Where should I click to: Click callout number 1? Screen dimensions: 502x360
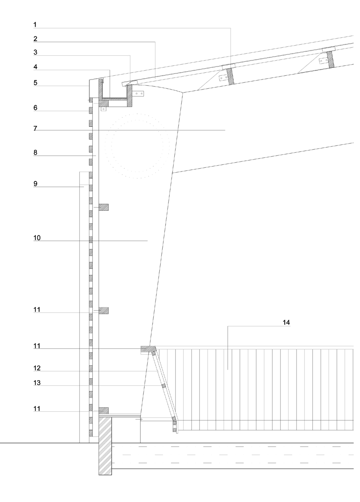point(36,25)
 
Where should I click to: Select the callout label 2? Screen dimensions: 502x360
point(36,39)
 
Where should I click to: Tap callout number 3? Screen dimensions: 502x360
point(36,53)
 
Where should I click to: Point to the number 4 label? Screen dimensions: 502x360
point(36,67)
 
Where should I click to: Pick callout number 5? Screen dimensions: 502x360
point(36,83)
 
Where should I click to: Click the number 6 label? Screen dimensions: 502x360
point(36,108)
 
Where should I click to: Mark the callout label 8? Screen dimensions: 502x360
point(36,153)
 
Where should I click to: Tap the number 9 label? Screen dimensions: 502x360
point(36,183)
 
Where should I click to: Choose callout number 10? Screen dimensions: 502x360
point(37,238)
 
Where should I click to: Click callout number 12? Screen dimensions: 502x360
point(37,368)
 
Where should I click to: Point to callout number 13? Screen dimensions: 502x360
point(37,382)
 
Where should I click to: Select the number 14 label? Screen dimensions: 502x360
point(286,323)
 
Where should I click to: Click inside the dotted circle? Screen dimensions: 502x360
point(136,146)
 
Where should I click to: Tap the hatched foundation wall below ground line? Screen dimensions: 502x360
point(105,446)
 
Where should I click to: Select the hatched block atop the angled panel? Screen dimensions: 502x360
point(148,348)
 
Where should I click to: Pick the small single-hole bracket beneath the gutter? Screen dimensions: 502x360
point(103,109)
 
